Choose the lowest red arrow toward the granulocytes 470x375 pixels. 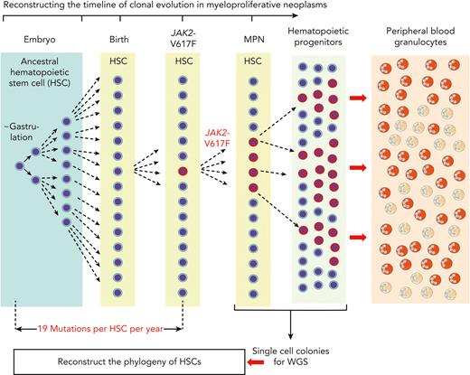[360, 237]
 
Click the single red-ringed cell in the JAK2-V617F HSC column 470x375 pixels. [183, 170]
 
